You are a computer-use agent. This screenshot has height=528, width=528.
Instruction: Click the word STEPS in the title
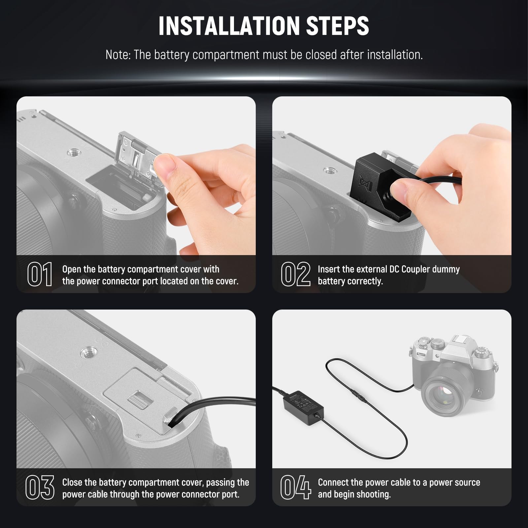[338, 26]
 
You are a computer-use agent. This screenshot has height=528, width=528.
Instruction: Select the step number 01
[40, 274]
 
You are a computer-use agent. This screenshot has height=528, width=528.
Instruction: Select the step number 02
[295, 274]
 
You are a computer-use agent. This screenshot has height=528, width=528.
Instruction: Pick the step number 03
[40, 487]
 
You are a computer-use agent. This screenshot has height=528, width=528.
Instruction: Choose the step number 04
[295, 487]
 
